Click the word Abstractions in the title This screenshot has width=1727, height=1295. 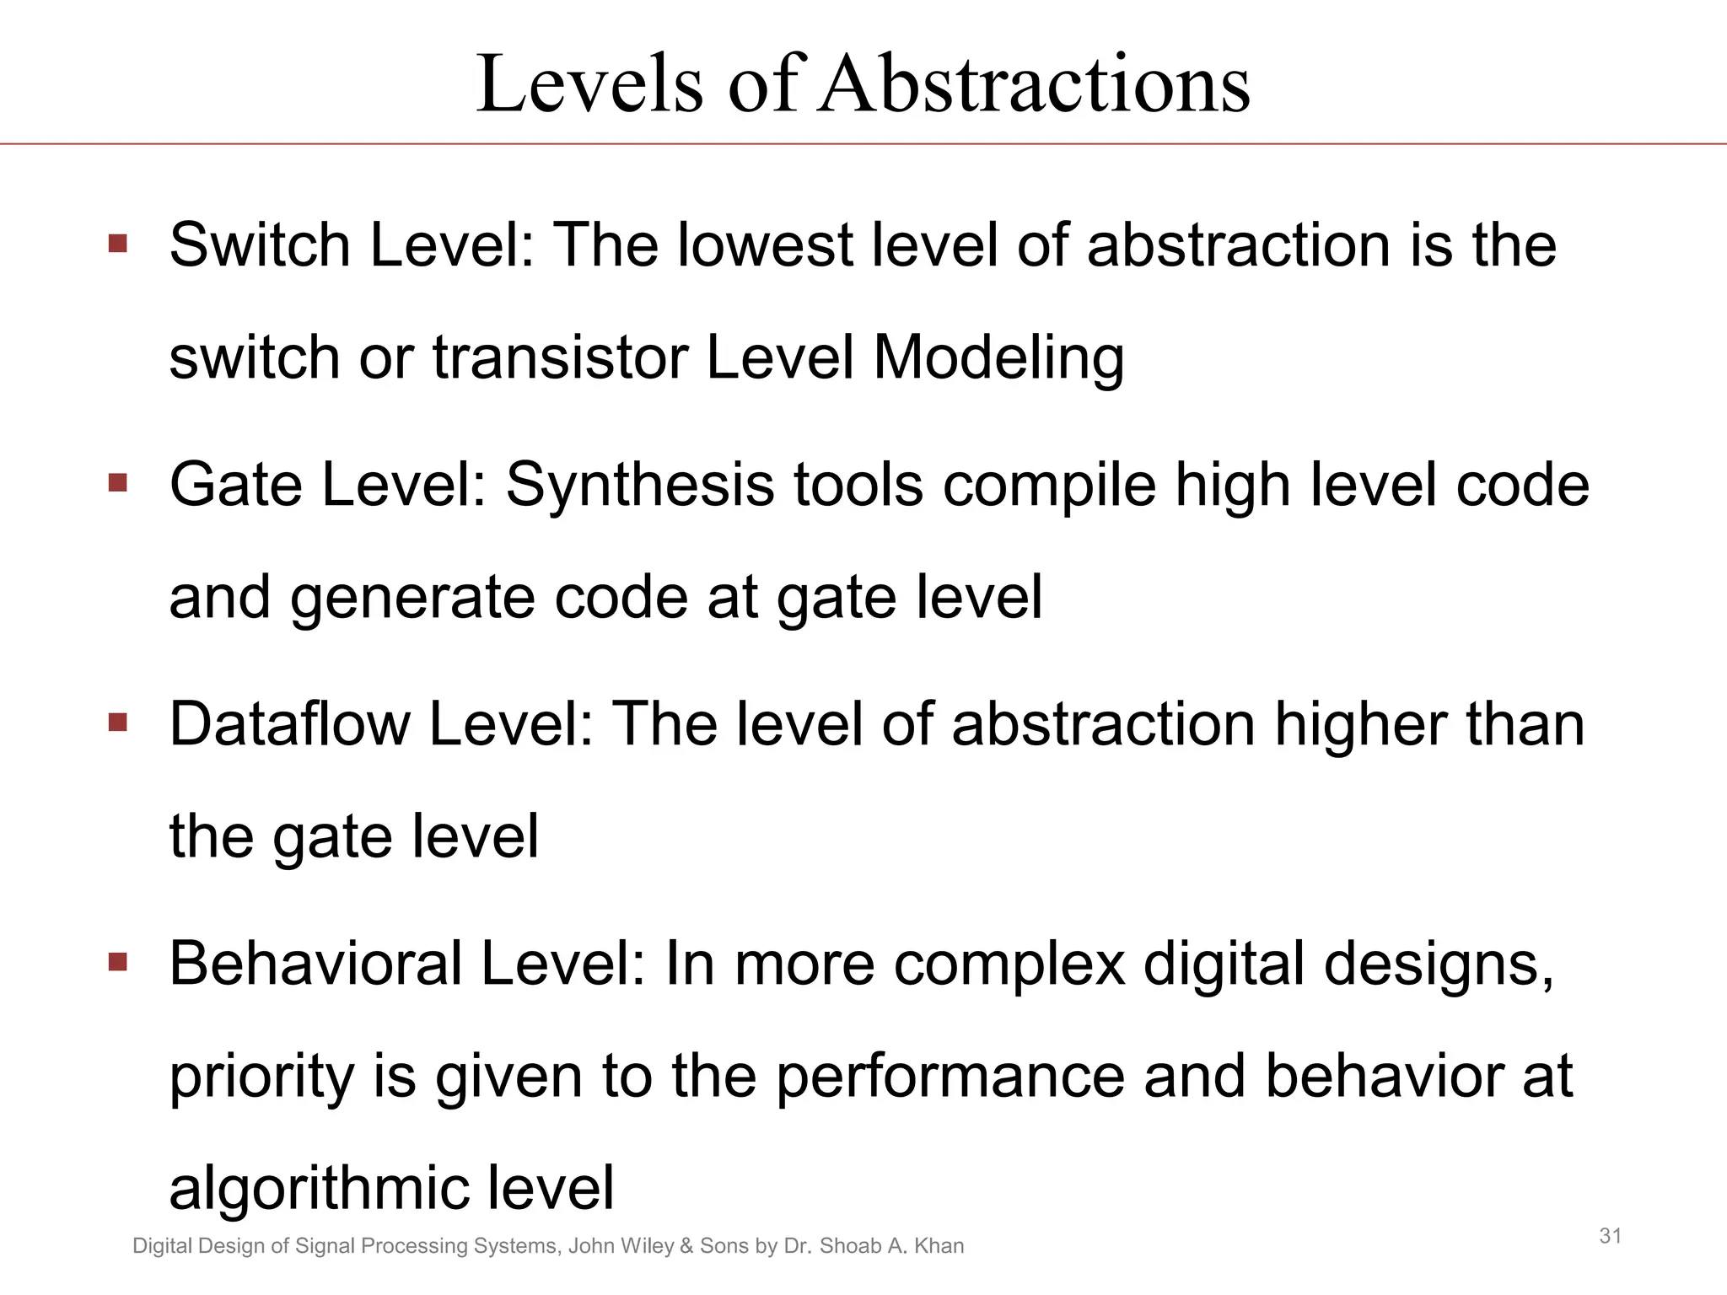[1035, 84]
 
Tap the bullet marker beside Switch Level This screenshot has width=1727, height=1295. [117, 244]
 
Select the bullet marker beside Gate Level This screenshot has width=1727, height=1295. [117, 484]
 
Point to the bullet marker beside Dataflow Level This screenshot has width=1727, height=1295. [117, 723]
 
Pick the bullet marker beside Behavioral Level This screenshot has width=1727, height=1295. [117, 962]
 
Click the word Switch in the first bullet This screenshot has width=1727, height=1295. [259, 245]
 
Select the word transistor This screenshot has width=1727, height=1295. [560, 357]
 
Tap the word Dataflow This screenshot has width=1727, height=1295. [289, 724]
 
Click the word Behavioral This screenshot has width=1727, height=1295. [316, 964]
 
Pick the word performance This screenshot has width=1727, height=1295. [950, 1077]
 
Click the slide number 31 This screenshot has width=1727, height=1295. [1611, 1236]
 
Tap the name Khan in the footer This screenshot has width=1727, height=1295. [939, 1246]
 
